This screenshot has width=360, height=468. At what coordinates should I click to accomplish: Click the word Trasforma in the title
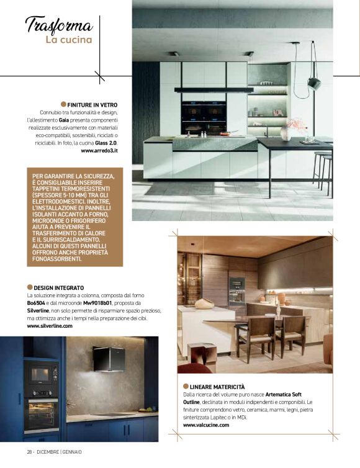click(x=59, y=25)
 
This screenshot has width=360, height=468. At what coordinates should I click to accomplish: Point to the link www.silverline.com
click(x=50, y=326)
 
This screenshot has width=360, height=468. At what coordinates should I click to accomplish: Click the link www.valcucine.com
click(x=206, y=425)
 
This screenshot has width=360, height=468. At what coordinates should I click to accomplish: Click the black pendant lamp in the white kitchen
click(x=313, y=82)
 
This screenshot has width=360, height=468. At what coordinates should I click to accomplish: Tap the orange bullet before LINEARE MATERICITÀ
click(x=186, y=386)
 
